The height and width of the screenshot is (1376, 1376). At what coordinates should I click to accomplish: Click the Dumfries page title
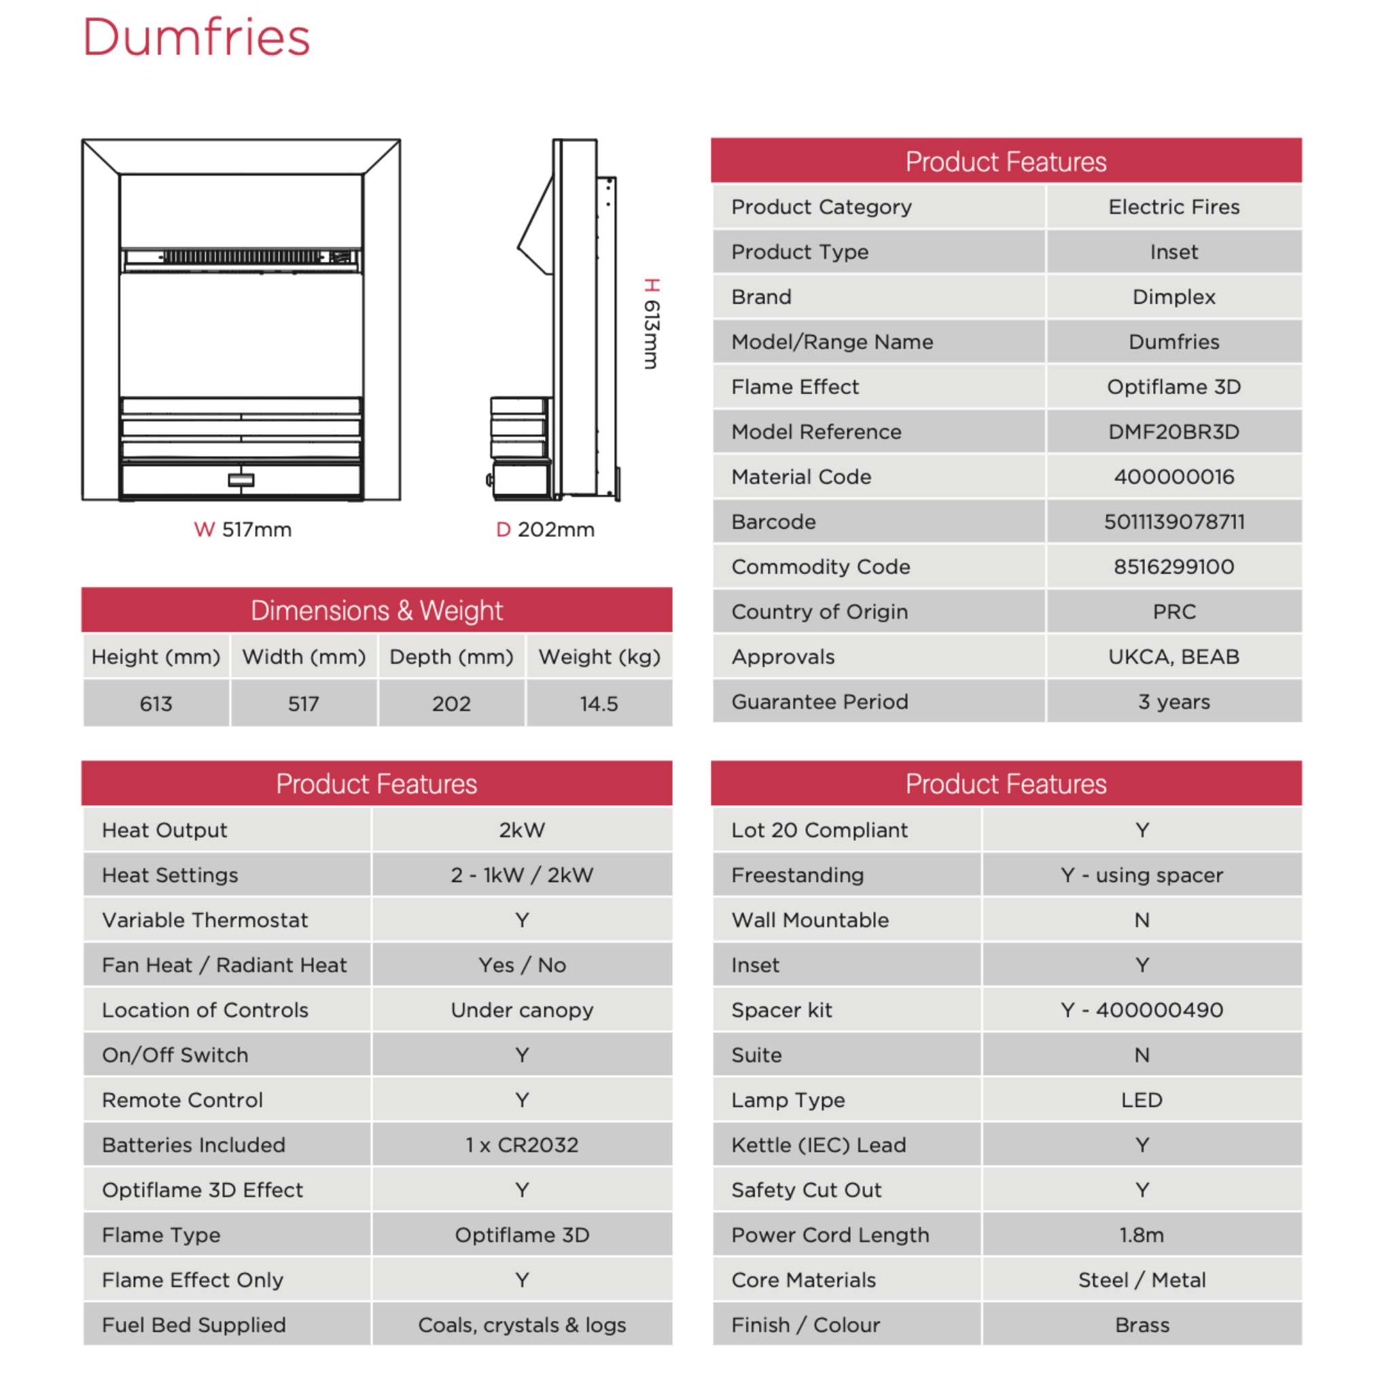196,37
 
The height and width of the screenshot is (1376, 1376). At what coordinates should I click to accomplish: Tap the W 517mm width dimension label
243,529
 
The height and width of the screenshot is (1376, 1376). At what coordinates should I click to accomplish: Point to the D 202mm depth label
546,529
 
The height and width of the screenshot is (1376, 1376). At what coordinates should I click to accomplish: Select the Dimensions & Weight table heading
376,610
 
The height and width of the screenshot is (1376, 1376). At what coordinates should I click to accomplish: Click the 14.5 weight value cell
599,704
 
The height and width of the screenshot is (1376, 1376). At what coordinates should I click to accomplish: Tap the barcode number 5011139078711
1174,522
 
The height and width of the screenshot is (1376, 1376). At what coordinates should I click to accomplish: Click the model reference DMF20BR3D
1174,431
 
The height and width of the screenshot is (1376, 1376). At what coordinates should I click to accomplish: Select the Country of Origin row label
819,612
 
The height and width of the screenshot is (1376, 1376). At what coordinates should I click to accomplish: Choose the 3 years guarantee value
1174,701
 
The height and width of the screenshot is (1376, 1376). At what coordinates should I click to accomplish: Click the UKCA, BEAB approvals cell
1174,656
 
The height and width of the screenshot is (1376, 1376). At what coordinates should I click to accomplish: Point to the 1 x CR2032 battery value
522,1144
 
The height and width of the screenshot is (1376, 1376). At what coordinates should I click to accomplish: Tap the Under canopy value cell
522,1010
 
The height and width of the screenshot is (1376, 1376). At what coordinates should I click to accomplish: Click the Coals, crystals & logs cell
522,1325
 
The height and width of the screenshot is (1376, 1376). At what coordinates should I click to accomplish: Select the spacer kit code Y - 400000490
1142,1010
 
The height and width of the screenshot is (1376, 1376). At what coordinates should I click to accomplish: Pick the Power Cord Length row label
830,1235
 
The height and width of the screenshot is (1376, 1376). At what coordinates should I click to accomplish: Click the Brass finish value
1142,1325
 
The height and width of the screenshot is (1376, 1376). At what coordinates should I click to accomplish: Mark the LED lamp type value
1142,1099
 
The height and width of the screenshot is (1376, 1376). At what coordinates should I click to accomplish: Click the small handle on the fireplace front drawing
241,480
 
